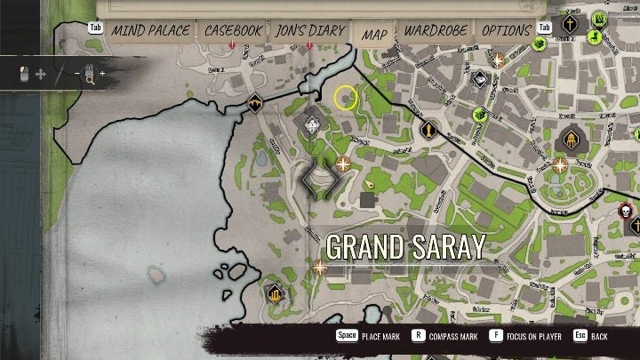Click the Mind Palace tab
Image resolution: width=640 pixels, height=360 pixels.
150,30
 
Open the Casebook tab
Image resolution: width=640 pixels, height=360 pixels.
233,30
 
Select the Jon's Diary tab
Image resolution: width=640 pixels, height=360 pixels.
309,30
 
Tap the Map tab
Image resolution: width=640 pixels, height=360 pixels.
374,34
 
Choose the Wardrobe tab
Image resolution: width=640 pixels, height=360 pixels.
436,30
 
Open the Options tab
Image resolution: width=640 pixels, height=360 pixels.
506,30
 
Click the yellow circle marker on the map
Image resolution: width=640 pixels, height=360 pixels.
346,98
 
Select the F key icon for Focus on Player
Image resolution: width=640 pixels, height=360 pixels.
495,336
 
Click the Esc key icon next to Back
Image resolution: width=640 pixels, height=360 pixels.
580,336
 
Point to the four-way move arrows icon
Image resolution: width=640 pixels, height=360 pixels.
40,75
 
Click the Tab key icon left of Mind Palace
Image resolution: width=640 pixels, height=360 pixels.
95,28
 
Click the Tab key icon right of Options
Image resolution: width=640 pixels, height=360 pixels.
545,28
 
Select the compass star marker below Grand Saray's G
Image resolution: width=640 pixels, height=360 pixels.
319,267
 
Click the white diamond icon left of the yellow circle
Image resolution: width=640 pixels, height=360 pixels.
312,125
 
